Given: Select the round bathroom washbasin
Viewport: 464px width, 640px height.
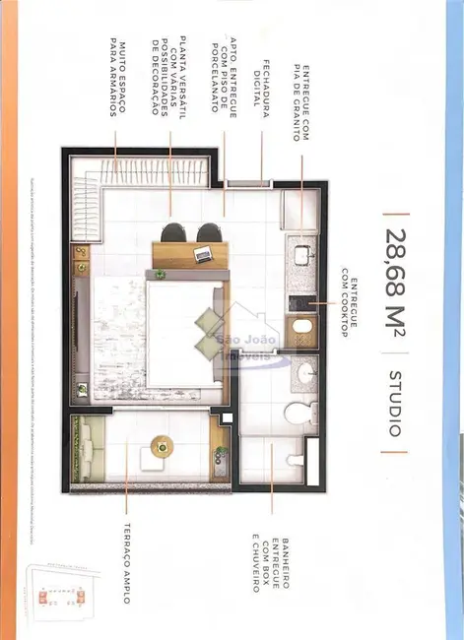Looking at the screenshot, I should pyautogui.click(x=306, y=373).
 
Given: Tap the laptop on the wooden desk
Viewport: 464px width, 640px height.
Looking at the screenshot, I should pyautogui.click(x=202, y=255).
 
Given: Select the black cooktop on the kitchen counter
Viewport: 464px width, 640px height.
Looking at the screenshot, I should pyautogui.click(x=298, y=328).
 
